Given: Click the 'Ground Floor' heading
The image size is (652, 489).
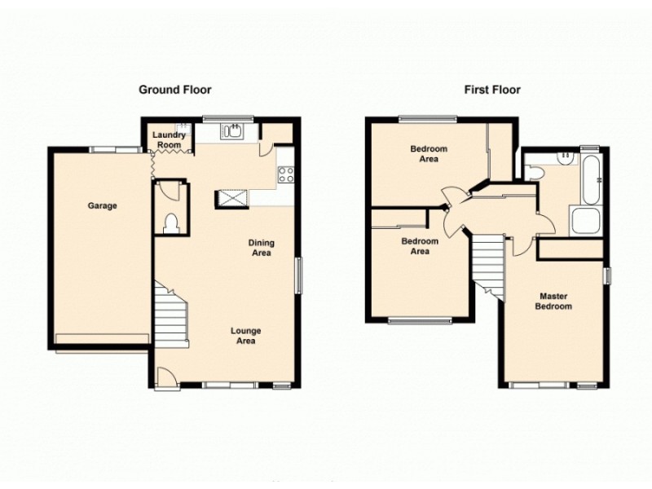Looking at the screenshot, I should tap(175, 90).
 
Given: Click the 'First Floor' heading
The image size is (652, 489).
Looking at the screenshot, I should tap(492, 90).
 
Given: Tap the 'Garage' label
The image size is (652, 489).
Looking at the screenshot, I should tap(103, 206).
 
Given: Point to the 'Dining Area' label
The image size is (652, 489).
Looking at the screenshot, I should tap(262, 248).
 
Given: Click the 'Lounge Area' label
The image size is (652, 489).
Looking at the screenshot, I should tap(245, 336).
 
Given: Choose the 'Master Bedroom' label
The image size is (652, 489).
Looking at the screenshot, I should tap(553, 302).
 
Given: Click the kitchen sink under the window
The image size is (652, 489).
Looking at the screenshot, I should tap(235, 130).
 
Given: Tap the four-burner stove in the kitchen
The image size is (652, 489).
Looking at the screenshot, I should tap(285, 173).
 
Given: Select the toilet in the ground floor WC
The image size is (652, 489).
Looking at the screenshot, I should tap(171, 222).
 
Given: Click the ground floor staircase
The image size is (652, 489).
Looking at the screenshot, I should tap(172, 315).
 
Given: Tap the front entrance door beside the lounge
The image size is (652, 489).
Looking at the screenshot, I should tap(165, 377).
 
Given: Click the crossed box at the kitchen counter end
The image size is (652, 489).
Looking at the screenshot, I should tap(231, 198).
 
